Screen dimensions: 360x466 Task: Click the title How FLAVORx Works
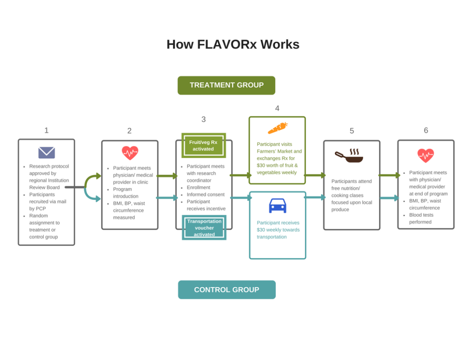coord(233,45)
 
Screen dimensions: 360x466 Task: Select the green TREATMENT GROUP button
coord(226,85)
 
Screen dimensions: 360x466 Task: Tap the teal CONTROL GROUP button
coord(227,289)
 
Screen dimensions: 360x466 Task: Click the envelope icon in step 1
coord(46,152)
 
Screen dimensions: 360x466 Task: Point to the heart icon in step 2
coord(130,153)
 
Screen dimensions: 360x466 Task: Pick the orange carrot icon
coord(277,128)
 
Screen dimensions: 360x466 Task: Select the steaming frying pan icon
coord(349,156)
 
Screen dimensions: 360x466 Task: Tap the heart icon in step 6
coord(425,156)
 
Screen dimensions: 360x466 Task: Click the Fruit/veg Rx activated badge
coord(203,145)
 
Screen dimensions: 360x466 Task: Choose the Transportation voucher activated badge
coord(204,228)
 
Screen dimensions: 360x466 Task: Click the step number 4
coord(277,108)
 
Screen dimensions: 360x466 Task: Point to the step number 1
coord(46,131)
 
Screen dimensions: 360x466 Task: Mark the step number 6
coord(426,131)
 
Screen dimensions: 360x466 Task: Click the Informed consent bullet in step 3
coord(205,194)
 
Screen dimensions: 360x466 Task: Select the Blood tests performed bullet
coord(421,215)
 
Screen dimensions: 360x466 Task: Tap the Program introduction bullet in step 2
coord(126,193)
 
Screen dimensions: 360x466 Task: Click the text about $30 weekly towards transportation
coord(278,230)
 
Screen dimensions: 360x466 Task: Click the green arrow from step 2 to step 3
coord(167,176)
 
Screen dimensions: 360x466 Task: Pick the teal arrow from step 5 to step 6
coord(389,198)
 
